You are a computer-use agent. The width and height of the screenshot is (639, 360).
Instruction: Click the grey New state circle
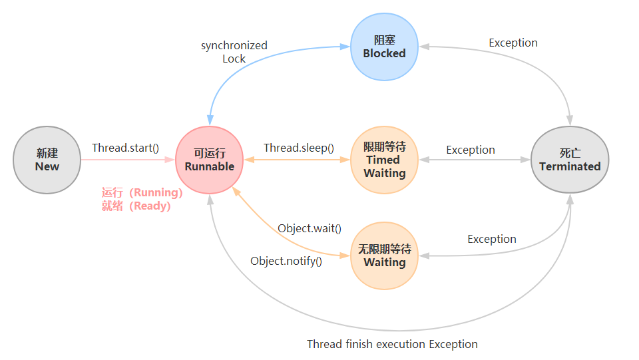[47, 160]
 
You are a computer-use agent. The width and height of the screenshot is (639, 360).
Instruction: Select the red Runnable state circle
[210, 160]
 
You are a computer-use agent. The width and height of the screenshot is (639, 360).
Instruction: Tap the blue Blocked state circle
[384, 47]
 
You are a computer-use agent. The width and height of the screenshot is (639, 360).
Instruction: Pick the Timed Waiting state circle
[384, 160]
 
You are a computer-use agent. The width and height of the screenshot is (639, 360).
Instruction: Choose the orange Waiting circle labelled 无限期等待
[384, 256]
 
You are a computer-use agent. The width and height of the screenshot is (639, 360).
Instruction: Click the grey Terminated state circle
[570, 160]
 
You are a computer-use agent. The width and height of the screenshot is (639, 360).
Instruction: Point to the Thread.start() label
[125, 148]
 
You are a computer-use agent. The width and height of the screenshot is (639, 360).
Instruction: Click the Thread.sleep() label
[298, 148]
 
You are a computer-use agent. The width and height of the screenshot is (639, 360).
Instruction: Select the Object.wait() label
[310, 228]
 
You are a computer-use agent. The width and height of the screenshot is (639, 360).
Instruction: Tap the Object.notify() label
[286, 261]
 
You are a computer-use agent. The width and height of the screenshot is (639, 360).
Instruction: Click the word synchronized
[234, 45]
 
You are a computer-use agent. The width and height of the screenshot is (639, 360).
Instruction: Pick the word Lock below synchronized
[234, 59]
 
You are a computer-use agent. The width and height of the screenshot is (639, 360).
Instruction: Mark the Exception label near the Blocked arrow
[513, 43]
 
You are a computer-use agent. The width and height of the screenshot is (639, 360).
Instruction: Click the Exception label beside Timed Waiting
[471, 150]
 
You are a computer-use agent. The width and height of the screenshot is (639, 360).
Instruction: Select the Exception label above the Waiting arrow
[492, 239]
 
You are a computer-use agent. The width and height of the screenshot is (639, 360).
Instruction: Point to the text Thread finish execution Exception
[392, 344]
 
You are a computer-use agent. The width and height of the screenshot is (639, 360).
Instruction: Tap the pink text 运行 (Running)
[142, 192]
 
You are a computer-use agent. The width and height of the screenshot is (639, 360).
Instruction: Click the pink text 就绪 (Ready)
[136, 206]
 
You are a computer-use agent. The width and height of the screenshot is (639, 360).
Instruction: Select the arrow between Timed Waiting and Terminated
[474, 160]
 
